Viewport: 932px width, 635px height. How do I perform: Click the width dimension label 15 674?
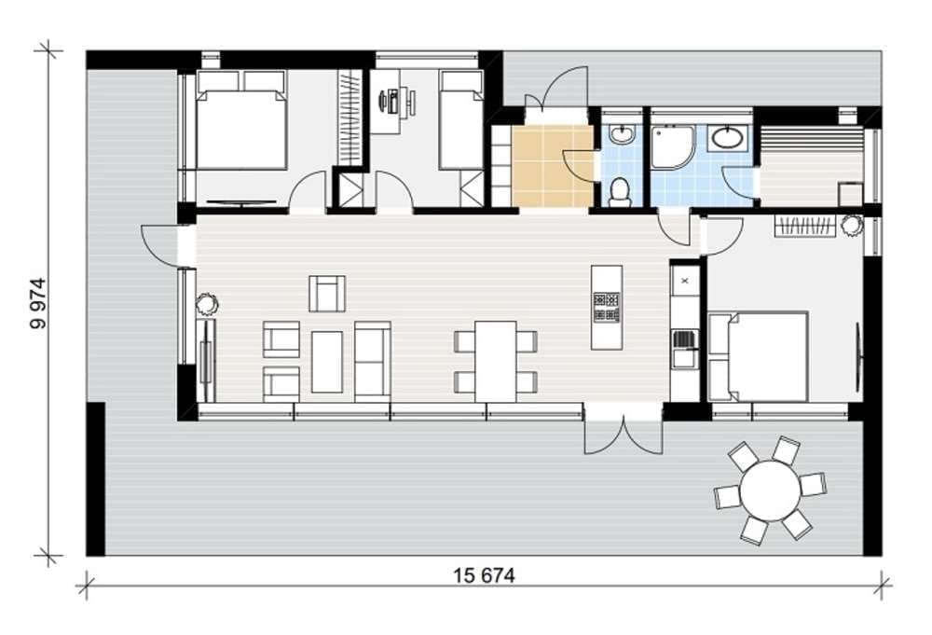coord(484,575)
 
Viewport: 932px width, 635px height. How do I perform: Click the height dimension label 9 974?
coord(38,303)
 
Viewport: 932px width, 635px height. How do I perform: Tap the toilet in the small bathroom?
coord(621,191)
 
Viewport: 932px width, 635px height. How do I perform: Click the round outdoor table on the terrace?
coord(770,491)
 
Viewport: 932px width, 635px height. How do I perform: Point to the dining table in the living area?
coord(495,362)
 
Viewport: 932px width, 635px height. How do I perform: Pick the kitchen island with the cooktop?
coord(607,307)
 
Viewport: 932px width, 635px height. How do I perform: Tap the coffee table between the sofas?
coord(327,362)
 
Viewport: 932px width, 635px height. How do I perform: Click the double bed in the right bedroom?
coord(759,356)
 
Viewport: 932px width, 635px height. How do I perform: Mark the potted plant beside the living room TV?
coord(208,304)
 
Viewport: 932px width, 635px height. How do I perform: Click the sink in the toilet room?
coord(622,134)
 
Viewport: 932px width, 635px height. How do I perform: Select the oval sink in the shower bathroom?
coord(727,138)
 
